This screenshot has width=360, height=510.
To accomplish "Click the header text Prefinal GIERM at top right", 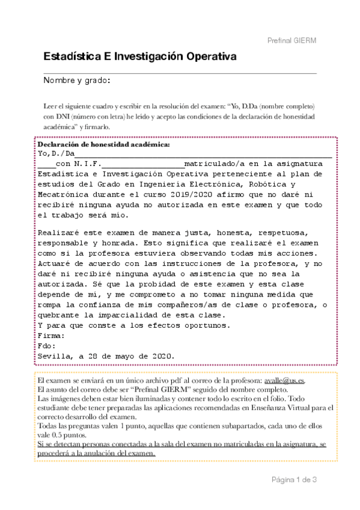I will [x=291, y=40].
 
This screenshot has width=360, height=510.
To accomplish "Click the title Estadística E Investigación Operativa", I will [x=139, y=57].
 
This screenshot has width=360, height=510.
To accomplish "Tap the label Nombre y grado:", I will [x=76, y=81].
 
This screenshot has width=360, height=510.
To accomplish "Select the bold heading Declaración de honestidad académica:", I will [x=104, y=145].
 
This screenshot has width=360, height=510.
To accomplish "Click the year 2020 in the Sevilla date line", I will [x=162, y=356].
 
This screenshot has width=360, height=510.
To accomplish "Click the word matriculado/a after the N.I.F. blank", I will [x=212, y=163].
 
